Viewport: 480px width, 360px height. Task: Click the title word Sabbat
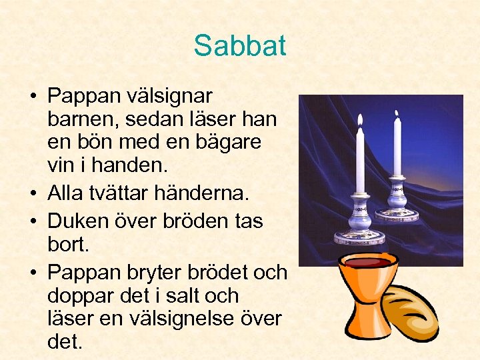[x=239, y=45]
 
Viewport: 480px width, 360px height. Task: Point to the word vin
[x=61, y=164]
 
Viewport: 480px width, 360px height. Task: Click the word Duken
[x=80, y=220]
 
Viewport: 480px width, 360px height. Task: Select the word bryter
[x=155, y=273]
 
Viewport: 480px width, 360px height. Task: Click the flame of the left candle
[x=360, y=120]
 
